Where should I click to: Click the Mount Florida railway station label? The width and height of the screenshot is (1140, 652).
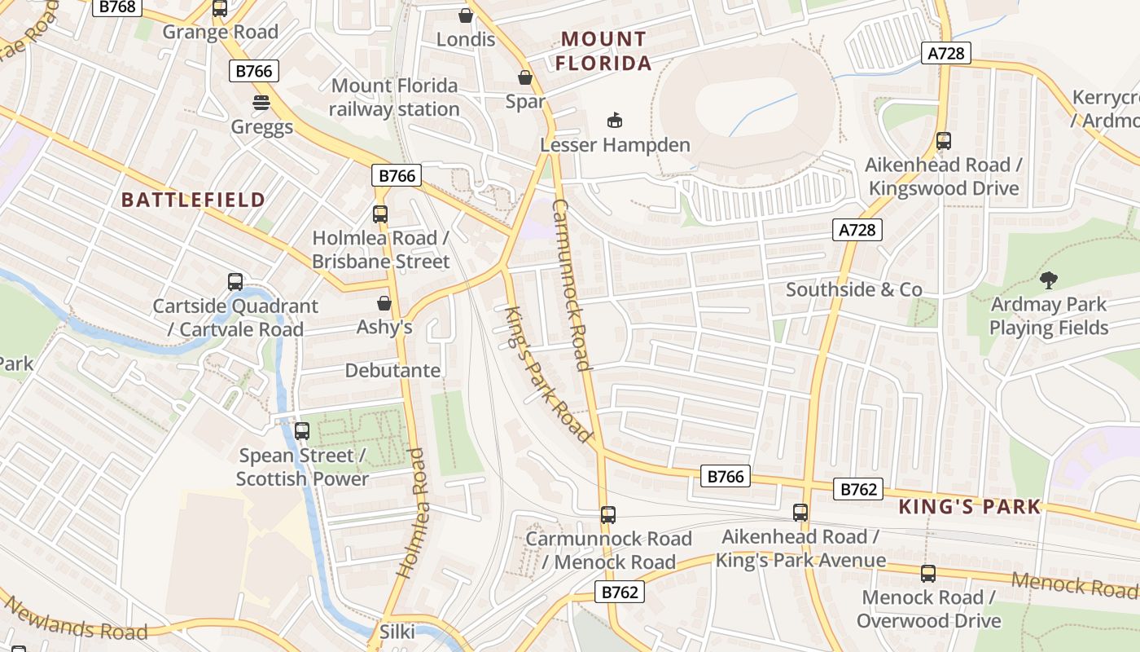(x=394, y=97)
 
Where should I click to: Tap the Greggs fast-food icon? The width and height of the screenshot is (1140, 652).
(x=261, y=104)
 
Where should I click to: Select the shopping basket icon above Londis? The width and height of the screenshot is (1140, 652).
(x=466, y=15)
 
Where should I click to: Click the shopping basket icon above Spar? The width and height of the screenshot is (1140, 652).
(x=525, y=78)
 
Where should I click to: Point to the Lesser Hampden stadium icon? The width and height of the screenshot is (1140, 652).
(x=615, y=121)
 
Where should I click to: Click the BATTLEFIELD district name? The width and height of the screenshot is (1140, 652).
(x=193, y=200)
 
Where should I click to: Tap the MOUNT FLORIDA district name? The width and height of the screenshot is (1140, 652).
(x=603, y=51)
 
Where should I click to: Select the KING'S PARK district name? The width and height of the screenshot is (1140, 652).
(x=969, y=507)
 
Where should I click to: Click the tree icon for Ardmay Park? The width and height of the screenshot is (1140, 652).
(x=1049, y=281)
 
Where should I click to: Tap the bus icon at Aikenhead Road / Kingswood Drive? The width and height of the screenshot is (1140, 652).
(x=944, y=141)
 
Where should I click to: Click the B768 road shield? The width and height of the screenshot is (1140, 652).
(x=118, y=7)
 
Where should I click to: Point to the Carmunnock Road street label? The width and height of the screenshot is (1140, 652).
(x=571, y=284)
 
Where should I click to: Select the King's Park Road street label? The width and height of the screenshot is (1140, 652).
(x=547, y=375)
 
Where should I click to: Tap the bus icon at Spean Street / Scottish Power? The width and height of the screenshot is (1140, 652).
(x=302, y=431)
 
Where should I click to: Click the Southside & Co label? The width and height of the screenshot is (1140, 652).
(x=853, y=289)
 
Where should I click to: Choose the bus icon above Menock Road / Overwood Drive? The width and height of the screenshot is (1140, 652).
(x=928, y=574)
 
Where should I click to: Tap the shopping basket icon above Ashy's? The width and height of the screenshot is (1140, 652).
(x=384, y=304)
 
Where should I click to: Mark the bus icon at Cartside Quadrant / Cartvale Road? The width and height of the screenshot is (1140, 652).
(x=235, y=283)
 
